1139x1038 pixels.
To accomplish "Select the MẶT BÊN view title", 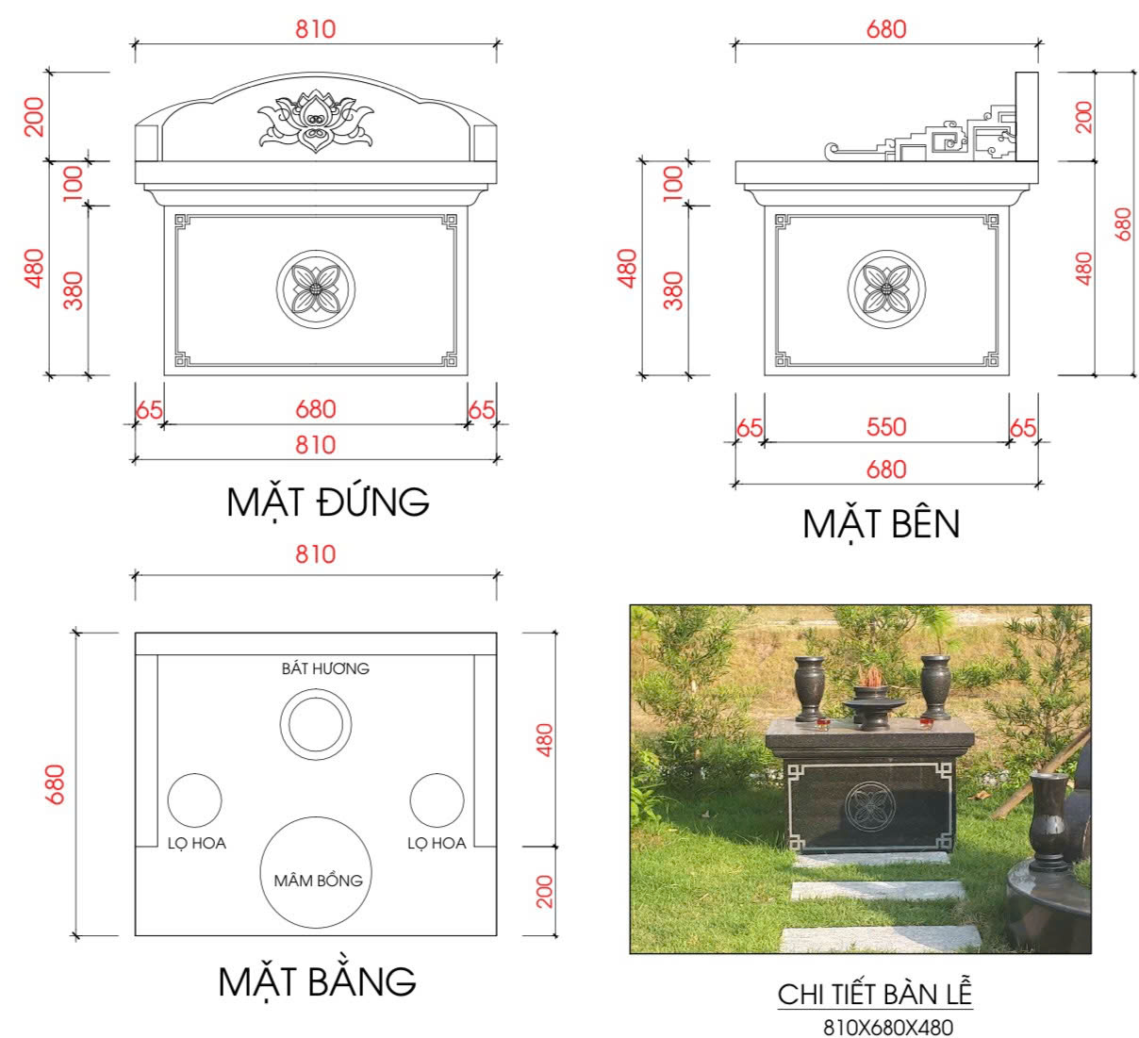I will point(881,523).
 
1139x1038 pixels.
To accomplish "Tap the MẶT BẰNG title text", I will point(317,980).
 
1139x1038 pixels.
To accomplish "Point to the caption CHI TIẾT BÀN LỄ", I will point(874,994).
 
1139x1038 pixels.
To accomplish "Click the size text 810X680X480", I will point(887,1026).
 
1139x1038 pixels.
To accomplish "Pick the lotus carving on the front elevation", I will point(315,121).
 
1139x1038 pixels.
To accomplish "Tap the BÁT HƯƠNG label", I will point(325,668).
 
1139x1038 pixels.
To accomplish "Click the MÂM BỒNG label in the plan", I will point(318,880).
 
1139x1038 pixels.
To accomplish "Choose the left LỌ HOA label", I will point(197,843).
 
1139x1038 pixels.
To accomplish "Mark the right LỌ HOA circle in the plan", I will point(437,800).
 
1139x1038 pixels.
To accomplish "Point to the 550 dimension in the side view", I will point(885,427).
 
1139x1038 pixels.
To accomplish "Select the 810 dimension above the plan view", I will point(315,553).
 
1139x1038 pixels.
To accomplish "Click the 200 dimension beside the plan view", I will point(544,891).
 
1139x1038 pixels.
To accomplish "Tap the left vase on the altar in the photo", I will point(809,688).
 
